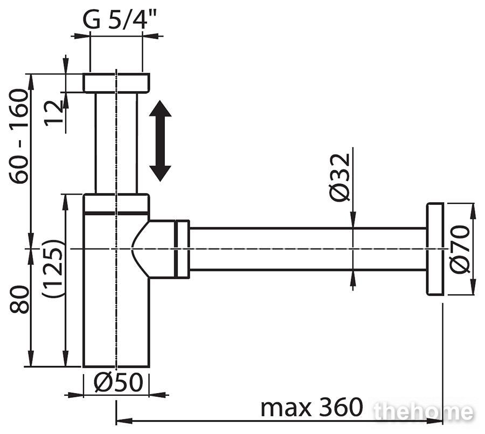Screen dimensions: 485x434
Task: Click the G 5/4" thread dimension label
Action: click(119, 19)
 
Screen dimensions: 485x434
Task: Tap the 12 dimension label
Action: click(53, 113)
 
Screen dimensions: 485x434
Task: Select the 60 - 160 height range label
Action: click(19, 136)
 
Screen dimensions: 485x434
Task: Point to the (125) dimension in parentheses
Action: click(53, 268)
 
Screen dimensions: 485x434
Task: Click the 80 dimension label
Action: click(19, 299)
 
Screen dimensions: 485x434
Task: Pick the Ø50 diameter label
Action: click(118, 382)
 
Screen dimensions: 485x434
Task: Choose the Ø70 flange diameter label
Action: click(460, 250)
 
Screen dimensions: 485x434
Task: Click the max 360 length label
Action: click(311, 408)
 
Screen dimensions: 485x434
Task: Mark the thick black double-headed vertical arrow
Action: click(160, 141)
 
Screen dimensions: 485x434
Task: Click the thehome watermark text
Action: click(423, 412)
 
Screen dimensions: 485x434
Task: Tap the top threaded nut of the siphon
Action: click(116, 82)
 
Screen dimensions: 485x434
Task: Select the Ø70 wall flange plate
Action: click(435, 249)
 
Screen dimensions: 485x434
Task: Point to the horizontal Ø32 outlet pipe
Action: click(308, 249)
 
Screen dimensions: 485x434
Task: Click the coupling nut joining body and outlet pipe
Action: click(182, 249)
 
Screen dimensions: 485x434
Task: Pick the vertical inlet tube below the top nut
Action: click(116, 143)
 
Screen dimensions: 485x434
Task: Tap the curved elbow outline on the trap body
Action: click(138, 249)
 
